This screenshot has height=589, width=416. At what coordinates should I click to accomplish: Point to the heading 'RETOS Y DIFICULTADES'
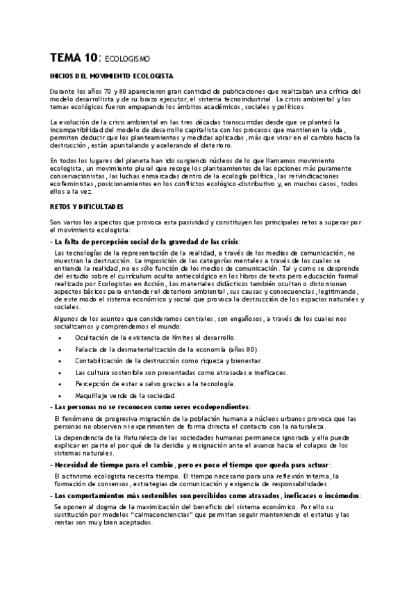(x=87, y=207)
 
